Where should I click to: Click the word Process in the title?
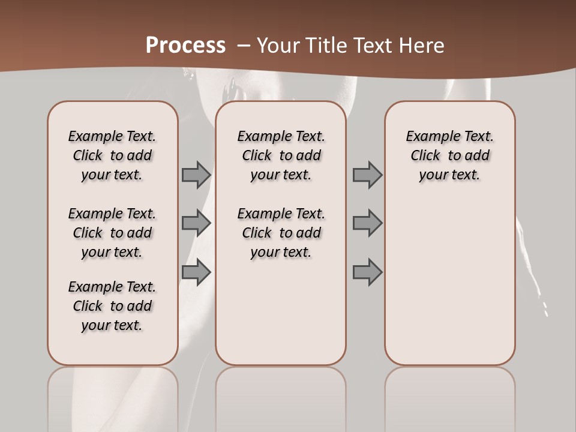(185, 46)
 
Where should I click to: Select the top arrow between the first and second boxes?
(196, 175)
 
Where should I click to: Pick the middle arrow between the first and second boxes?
(196, 223)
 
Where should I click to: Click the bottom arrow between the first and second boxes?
(196, 272)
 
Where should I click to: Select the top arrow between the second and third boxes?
(367, 175)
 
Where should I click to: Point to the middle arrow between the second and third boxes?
(367, 223)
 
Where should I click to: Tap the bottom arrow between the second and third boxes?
(367, 272)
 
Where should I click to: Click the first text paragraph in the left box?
(112, 155)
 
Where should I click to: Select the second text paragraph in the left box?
(112, 233)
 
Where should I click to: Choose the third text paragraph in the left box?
(112, 306)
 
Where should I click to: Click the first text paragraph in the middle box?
(281, 155)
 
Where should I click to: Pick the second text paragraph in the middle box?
(281, 233)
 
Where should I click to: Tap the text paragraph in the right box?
(450, 155)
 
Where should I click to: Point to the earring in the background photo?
(228, 90)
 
